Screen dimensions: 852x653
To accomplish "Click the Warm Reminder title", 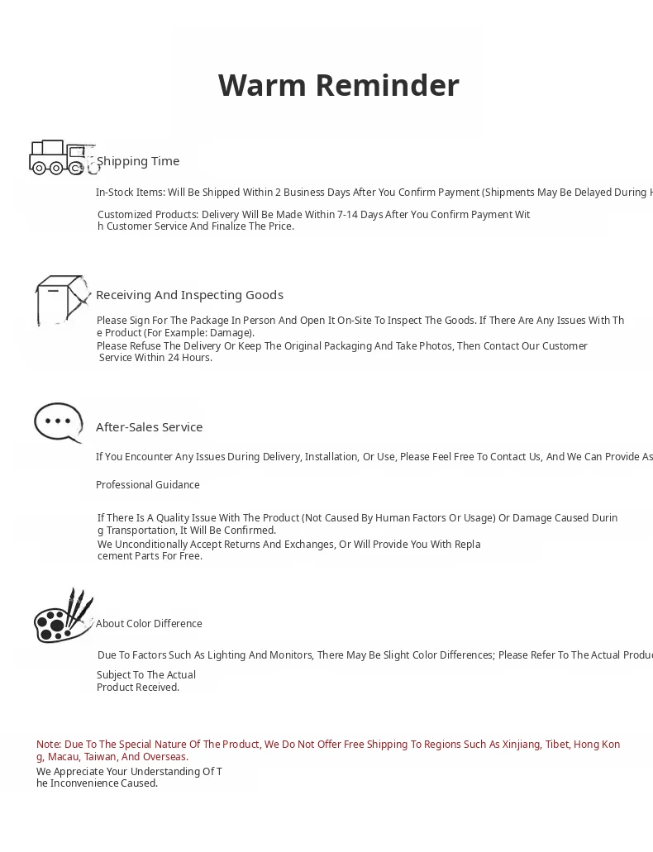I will click(x=338, y=85).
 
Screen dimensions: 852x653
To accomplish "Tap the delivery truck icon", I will click(x=62, y=157).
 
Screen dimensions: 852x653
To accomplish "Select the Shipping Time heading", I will click(x=138, y=161).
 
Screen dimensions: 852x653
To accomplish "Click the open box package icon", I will click(x=62, y=300).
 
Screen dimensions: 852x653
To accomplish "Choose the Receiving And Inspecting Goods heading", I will click(x=189, y=295).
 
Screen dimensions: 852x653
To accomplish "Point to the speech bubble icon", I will click(x=59, y=422).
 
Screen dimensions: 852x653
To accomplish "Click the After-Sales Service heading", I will click(x=149, y=427).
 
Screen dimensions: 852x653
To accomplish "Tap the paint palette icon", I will click(x=63, y=616).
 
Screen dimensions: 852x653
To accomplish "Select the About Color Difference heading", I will click(x=149, y=624).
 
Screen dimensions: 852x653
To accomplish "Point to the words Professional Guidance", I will click(x=147, y=485).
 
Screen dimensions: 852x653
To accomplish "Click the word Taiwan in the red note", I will click(x=100, y=757).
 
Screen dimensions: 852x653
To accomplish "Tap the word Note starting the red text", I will click(x=48, y=745).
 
